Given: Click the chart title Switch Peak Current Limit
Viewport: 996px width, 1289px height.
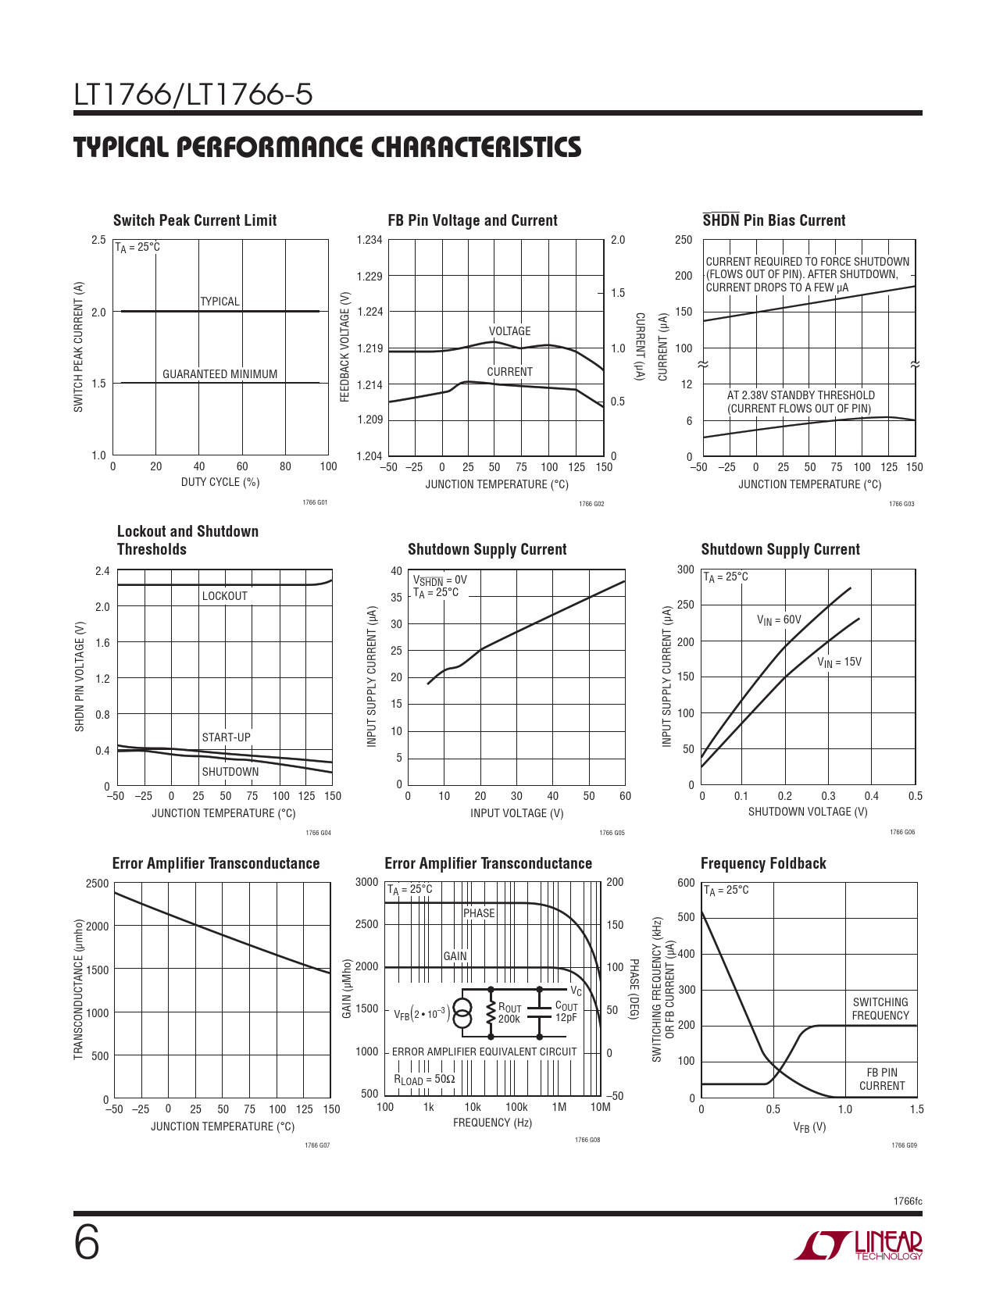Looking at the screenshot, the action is tap(195, 220).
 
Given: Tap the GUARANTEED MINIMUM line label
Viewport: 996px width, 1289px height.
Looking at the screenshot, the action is tap(220, 374).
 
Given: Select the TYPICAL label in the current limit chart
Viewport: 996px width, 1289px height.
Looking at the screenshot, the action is tap(220, 302).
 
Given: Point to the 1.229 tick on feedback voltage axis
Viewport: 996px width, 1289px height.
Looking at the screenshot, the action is tap(369, 277).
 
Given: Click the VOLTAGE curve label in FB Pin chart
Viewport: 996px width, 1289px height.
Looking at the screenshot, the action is tap(509, 331).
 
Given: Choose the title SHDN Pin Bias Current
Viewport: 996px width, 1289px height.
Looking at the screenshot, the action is tap(774, 220).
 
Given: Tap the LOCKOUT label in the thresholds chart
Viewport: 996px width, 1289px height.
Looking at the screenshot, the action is tap(224, 596).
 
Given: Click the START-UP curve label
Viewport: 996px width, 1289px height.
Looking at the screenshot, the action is tap(226, 737).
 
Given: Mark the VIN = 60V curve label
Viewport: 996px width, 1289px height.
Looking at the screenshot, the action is tap(779, 620).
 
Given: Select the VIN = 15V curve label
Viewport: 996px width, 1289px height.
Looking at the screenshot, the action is tap(840, 662).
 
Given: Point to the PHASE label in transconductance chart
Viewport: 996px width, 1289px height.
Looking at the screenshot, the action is tap(479, 913).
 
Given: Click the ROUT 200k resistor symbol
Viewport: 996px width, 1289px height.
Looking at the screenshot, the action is tap(491, 1013).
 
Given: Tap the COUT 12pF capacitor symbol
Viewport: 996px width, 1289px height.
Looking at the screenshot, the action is tap(539, 1013).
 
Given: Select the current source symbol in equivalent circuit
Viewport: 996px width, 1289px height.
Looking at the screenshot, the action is tap(462, 1013).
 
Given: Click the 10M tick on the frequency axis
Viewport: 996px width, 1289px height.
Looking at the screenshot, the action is tap(600, 1107).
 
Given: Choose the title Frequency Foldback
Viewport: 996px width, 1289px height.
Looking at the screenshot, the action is tap(763, 864).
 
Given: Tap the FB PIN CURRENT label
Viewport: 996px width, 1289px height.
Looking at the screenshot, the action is tap(881, 1079).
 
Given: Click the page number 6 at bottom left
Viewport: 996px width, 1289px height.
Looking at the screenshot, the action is tap(87, 1245).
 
